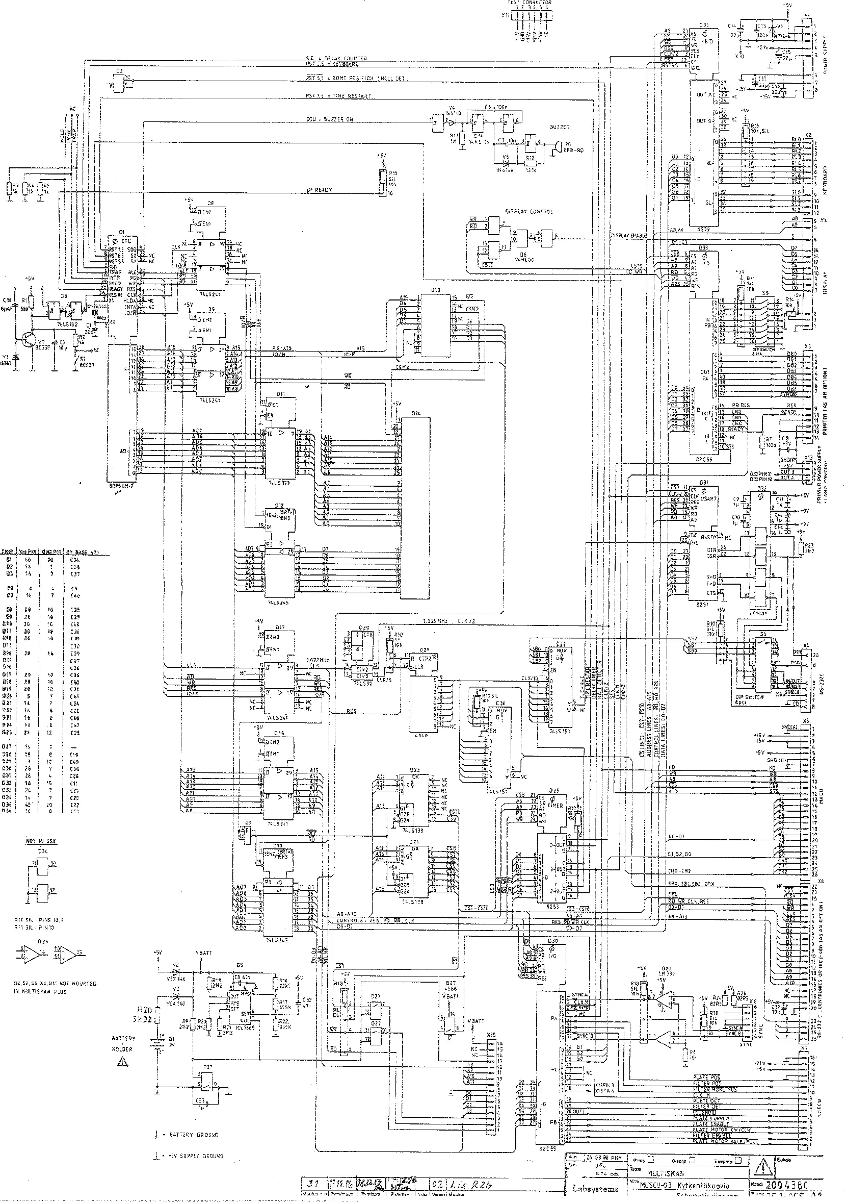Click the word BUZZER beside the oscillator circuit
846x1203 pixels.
[560, 127]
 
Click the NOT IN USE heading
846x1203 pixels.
[41, 841]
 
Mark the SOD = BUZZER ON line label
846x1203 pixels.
[330, 119]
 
